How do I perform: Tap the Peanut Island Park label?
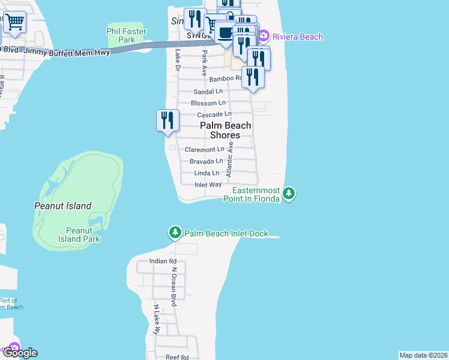pyautogui.click(x=83, y=235)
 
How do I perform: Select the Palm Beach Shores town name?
pyautogui.click(x=225, y=130)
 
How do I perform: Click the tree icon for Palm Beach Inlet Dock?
pyautogui.click(x=175, y=233)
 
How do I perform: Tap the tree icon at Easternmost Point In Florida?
pyautogui.click(x=289, y=193)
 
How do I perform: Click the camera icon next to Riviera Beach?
pyautogui.click(x=263, y=37)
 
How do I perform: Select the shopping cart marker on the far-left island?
pyautogui.click(x=14, y=22)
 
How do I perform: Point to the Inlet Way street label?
pyautogui.click(x=208, y=185)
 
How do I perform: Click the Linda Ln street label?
pyautogui.click(x=206, y=173)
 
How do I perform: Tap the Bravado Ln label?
pyautogui.click(x=206, y=161)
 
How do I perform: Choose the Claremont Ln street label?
pyautogui.click(x=204, y=149)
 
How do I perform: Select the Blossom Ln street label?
pyautogui.click(x=208, y=103)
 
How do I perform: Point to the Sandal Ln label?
pyautogui.click(x=208, y=92)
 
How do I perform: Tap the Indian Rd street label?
pyautogui.click(x=163, y=262)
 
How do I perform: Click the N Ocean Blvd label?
pyautogui.click(x=174, y=287)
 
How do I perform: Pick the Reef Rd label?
pyautogui.click(x=177, y=357)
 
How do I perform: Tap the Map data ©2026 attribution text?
pyautogui.click(x=424, y=355)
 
